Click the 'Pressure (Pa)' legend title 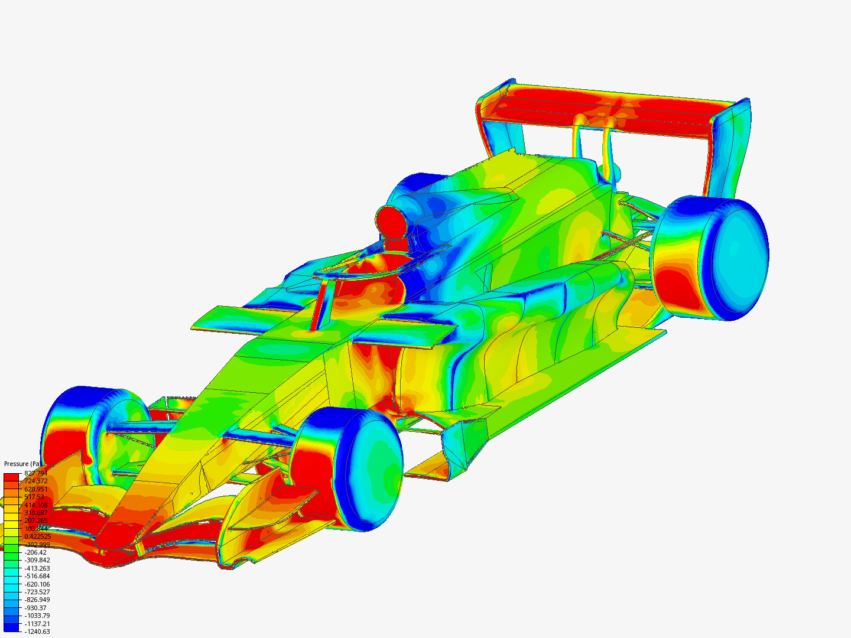(23, 464)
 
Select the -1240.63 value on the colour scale (37, 632)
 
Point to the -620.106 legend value (37, 584)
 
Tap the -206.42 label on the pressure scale (35, 552)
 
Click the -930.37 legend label (35, 608)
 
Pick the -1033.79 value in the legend (37, 616)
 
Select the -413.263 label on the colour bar (37, 568)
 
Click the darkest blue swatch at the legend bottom (11, 630)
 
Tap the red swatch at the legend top (11, 476)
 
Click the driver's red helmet (390, 222)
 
